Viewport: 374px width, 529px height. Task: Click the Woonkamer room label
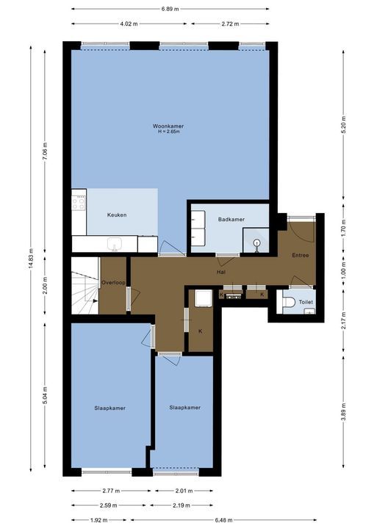(x=168, y=126)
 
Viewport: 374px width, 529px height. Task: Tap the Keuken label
(x=117, y=215)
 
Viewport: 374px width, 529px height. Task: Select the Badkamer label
(x=231, y=219)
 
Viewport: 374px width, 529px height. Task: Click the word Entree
(x=301, y=256)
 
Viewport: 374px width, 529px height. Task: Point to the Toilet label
(x=306, y=302)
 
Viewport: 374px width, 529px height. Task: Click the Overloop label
(x=113, y=283)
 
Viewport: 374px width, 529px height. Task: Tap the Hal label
(x=221, y=272)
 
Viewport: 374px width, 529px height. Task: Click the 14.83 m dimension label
(x=31, y=259)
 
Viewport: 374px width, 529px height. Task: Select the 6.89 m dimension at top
(x=170, y=9)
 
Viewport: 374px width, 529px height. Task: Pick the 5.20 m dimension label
(x=344, y=125)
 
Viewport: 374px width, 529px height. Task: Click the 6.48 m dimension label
(x=223, y=520)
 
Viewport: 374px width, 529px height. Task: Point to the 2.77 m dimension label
(x=111, y=491)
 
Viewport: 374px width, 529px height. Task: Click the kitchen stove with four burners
(x=79, y=204)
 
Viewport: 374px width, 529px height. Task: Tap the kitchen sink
(x=115, y=244)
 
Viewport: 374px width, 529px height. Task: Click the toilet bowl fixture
(x=288, y=302)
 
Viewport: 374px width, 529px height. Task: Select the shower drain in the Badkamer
(x=257, y=242)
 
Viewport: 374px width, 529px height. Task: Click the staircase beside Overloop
(x=84, y=286)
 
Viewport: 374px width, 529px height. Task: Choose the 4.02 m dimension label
(x=129, y=24)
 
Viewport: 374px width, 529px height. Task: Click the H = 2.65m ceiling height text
(x=169, y=132)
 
